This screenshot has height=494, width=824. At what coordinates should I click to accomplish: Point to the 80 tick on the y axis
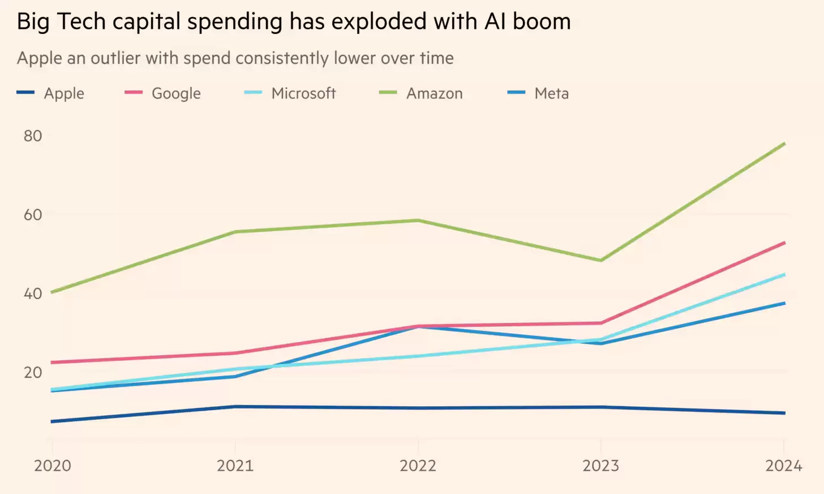33,136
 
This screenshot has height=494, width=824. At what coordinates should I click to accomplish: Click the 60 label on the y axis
33,215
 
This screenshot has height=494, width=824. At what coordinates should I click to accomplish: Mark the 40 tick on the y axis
33,293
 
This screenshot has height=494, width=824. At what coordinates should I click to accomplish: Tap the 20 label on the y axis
33,372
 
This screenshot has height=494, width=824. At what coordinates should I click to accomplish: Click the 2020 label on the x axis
53,466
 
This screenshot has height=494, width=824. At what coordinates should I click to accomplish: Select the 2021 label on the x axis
235,466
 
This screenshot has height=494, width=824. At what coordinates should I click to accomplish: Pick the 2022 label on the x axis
418,466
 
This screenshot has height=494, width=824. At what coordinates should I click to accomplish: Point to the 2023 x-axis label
601,466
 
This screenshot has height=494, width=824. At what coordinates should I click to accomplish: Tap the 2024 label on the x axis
783,466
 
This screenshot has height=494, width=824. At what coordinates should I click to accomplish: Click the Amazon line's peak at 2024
784,144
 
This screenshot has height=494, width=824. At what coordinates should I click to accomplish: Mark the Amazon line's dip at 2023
601,261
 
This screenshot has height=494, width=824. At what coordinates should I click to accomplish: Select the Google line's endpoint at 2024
784,243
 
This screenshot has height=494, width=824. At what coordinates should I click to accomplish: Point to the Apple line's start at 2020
53,421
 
